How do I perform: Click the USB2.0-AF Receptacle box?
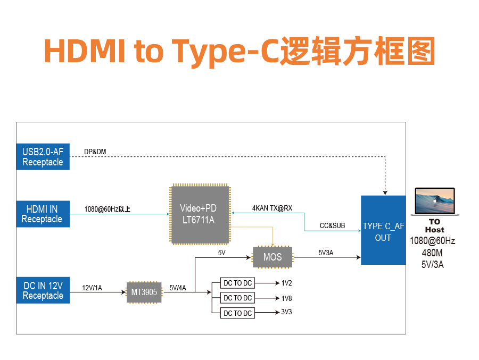click(x=43, y=157)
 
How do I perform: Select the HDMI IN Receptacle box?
click(x=43, y=214)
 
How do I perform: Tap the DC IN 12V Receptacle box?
click(x=43, y=290)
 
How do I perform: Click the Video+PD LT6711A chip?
click(x=200, y=214)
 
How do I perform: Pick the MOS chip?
click(x=272, y=257)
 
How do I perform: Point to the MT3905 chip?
click(x=144, y=292)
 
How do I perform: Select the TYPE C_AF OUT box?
click(x=383, y=230)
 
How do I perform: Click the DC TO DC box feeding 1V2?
click(x=237, y=283)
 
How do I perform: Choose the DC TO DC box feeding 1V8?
click(x=237, y=298)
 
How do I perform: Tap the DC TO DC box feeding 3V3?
click(x=237, y=313)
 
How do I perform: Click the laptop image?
click(x=435, y=202)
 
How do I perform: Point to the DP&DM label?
click(x=95, y=152)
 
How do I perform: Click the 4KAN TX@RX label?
click(x=272, y=208)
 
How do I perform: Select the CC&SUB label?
click(x=332, y=225)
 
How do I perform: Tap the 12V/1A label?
click(x=92, y=288)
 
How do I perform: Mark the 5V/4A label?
click(x=178, y=288)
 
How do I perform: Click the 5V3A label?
click(x=326, y=253)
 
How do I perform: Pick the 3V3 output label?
click(x=286, y=312)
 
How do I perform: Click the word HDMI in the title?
click(x=85, y=51)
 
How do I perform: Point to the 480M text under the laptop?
click(x=432, y=253)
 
